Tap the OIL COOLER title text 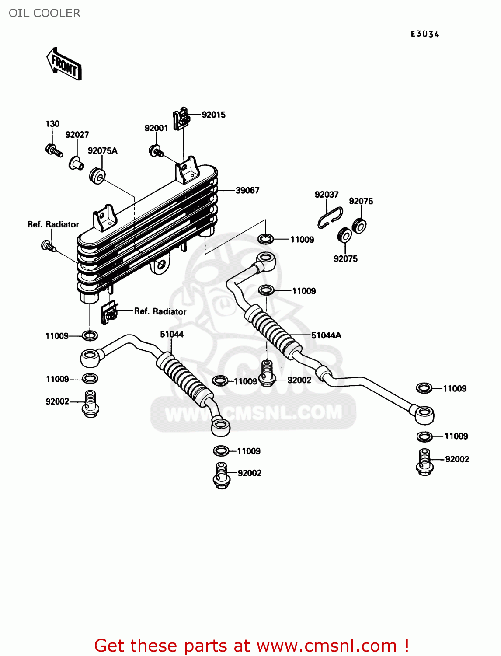click(45, 13)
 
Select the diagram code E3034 click(424, 34)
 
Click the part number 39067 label click(247, 191)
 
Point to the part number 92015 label click(213, 115)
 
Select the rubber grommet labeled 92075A click(97, 175)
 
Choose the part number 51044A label click(326, 336)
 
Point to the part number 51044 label click(172, 335)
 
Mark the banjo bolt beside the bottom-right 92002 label click(424, 462)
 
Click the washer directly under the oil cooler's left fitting click(90, 336)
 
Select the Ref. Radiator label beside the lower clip click(160, 311)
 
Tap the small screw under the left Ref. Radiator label click(48, 246)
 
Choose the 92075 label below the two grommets click(345, 259)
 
